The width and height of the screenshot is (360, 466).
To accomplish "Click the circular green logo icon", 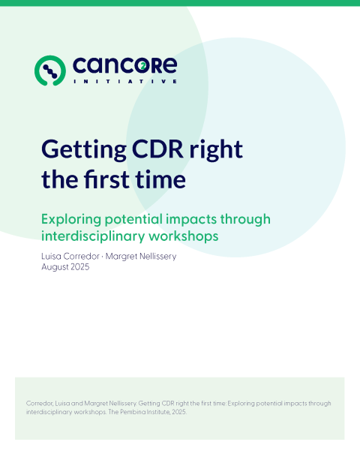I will tap(50, 70).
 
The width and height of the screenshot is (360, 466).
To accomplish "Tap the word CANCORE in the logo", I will tap(124, 66).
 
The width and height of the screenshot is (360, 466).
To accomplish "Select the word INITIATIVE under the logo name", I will tap(124, 81).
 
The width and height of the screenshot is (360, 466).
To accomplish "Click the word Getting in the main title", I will tap(82, 149).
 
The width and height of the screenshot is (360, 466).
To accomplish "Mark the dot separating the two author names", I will tap(108, 257).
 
